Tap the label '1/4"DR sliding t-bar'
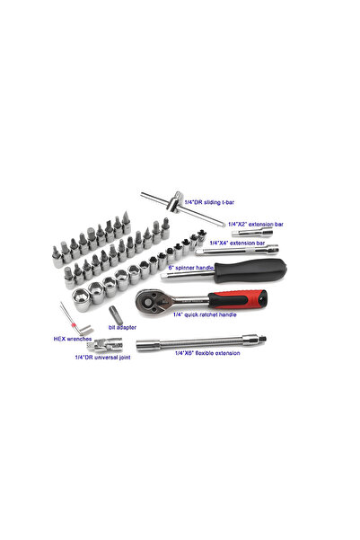(215, 203)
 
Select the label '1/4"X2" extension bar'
(256, 224)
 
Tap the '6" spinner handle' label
(191, 268)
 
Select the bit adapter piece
(116, 314)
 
